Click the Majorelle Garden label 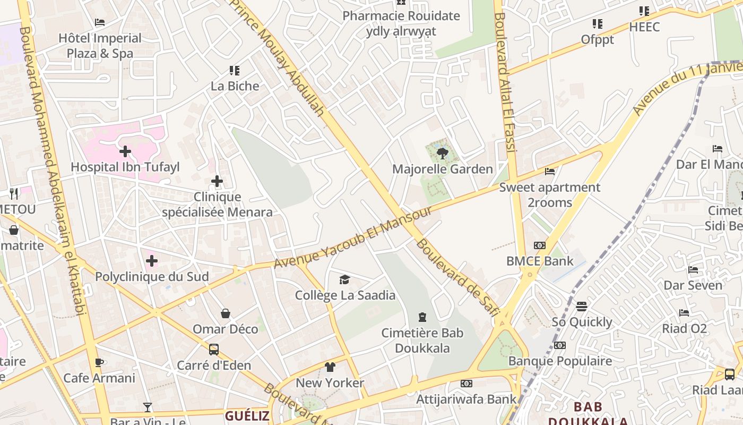[x=442, y=169]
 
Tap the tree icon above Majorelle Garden [x=442, y=154]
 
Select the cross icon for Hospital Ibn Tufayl [x=125, y=152]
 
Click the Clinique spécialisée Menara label [x=217, y=205]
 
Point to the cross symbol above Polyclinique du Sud [x=152, y=261]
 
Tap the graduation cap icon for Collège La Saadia [x=345, y=279]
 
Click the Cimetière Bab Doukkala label [x=422, y=341]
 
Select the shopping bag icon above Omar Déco [x=226, y=313]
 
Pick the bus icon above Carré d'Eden [x=214, y=350]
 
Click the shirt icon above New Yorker [x=330, y=367]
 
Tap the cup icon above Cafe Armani [x=99, y=362]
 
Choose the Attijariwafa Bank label [x=466, y=399]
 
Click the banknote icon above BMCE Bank [x=540, y=245]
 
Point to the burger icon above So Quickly [x=582, y=307]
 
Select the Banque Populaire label [x=560, y=361]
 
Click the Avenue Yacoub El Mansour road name [x=353, y=237]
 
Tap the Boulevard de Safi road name [x=457, y=277]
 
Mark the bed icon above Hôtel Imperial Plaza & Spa [x=100, y=22]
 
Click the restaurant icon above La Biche [x=235, y=70]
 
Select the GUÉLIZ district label [x=247, y=415]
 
